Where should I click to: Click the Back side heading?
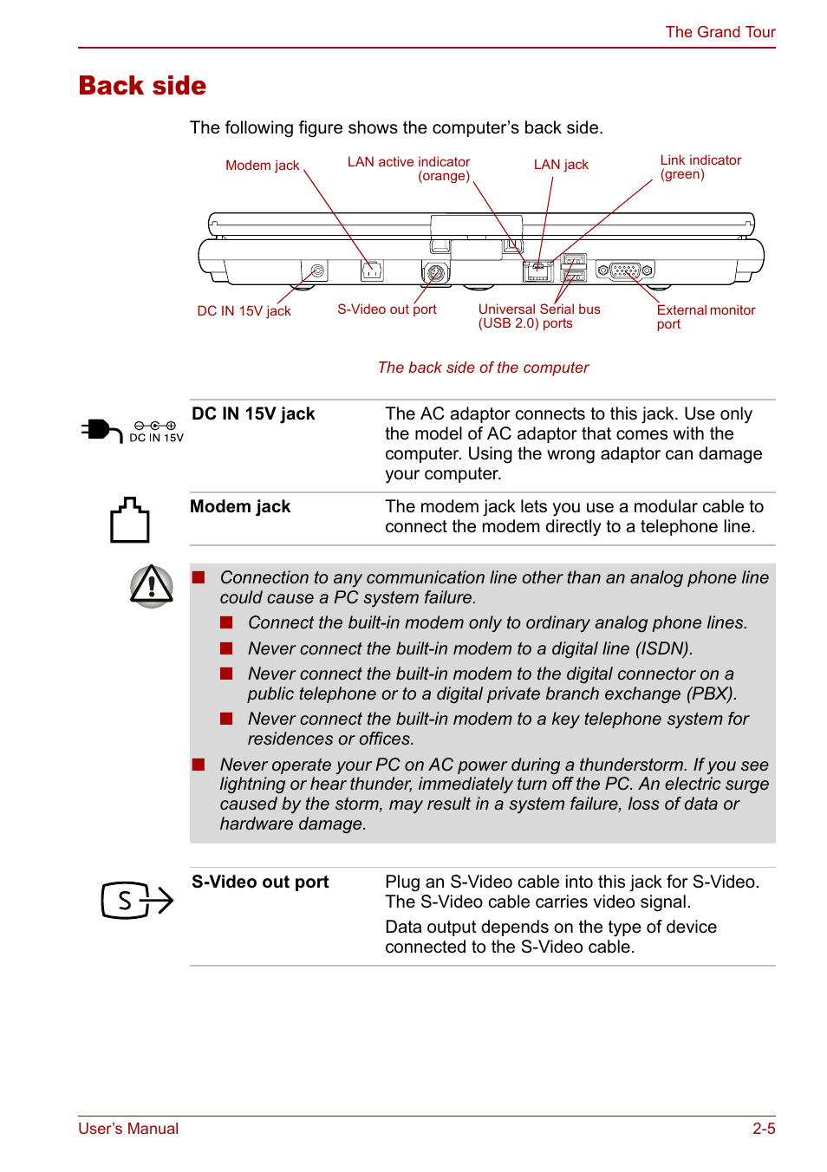pos(142,86)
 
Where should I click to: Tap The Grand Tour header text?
pos(720,32)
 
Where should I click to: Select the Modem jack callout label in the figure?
pos(262,166)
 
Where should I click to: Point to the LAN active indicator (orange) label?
pos(409,168)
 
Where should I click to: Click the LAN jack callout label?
pos(561,165)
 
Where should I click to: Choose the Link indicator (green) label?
pos(700,167)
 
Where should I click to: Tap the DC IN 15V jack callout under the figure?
pos(244,311)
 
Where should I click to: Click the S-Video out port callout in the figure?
pos(387,309)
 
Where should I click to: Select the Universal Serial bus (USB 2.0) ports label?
pos(538,316)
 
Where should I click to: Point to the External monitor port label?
pos(705,316)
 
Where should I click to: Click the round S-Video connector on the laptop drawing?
pos(436,273)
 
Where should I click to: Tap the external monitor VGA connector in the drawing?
pos(625,270)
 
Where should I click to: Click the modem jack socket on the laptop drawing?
pos(372,270)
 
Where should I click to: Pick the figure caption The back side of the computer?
pos(483,368)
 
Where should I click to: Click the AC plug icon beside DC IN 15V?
pos(101,430)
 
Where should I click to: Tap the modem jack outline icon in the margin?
pos(129,520)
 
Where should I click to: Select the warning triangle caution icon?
pos(152,586)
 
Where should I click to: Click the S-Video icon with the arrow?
pos(137,901)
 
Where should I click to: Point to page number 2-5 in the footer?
pos(764,1129)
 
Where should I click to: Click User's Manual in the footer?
pos(128,1129)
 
